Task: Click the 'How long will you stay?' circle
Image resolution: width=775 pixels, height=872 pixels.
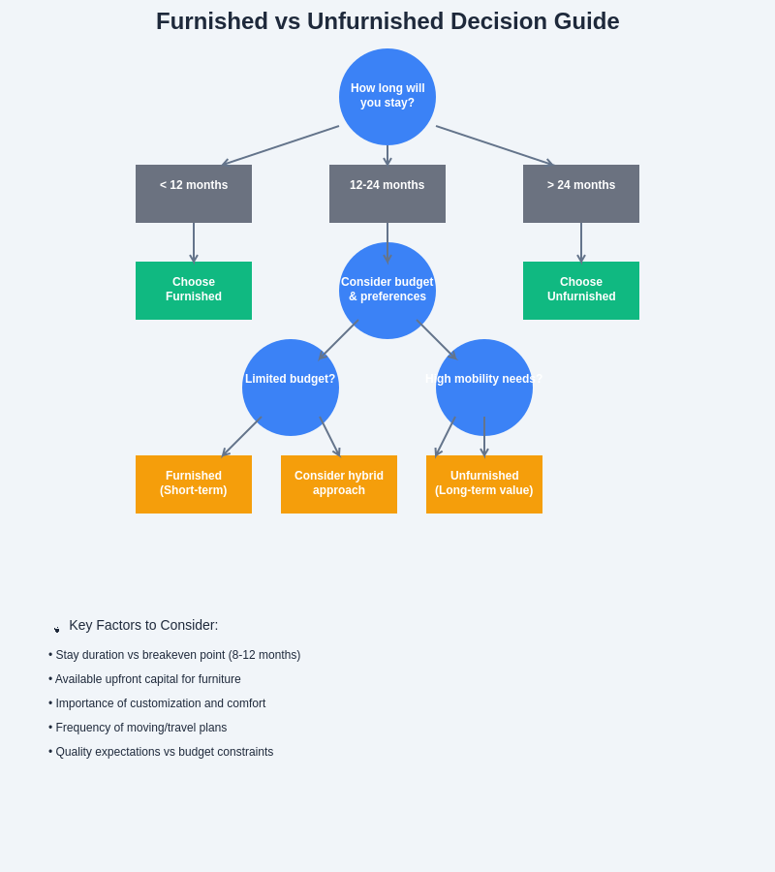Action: pos(387,97)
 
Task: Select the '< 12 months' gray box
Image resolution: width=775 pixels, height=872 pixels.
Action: pos(194,194)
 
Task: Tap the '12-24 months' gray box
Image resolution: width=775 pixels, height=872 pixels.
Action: pos(387,194)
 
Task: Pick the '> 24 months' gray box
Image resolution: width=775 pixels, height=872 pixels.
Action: pos(581,194)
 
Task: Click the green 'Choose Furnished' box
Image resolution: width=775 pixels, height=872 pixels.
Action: pos(194,291)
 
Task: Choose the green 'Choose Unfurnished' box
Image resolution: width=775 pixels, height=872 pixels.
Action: pos(581,291)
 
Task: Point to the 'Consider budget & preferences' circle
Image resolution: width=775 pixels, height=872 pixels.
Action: pos(387,291)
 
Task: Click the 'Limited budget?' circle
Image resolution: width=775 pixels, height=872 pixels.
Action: pos(291,388)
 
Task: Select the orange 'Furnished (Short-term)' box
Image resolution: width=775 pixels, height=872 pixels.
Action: pos(194,484)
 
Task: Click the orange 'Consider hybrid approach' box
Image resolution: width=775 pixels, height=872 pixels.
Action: pos(339,484)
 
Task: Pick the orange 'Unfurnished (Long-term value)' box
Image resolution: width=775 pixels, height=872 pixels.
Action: pos(484,484)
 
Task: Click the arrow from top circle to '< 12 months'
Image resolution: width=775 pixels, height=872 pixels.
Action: pos(281,145)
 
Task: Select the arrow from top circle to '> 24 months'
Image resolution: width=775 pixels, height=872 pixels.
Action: pos(494,145)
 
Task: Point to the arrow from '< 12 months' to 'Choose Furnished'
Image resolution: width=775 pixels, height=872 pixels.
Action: pos(194,242)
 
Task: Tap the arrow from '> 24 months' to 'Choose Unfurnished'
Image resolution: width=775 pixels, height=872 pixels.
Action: pos(581,242)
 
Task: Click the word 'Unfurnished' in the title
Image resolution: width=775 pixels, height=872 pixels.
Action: pos(363,21)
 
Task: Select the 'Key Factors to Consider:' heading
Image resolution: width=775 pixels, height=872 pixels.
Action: pos(143,625)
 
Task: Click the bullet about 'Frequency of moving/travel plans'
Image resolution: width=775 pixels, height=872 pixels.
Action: pos(140,728)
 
